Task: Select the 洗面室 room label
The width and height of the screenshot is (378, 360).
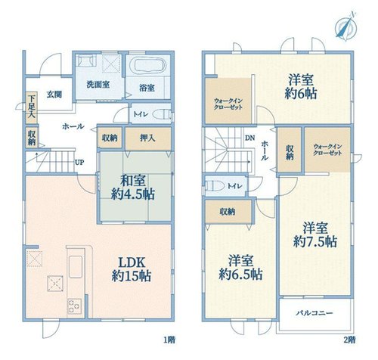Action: [x=98, y=85]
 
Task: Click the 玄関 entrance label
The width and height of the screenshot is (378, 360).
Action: [x=54, y=95]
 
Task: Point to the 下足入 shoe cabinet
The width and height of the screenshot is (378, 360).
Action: [x=32, y=107]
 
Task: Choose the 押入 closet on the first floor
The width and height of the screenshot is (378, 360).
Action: [x=148, y=138]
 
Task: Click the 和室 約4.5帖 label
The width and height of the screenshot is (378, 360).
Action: [x=133, y=188]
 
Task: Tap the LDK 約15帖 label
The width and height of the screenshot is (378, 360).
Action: [x=132, y=269]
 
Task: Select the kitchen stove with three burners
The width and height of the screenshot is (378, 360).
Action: [x=75, y=306]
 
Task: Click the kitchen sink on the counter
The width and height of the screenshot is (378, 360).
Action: [x=76, y=267]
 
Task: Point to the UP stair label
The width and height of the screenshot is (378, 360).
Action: [x=79, y=163]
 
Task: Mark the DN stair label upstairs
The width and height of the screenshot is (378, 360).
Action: [x=250, y=138]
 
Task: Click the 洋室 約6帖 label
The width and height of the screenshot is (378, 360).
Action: [x=301, y=87]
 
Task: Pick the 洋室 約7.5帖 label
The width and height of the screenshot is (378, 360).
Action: [x=315, y=234]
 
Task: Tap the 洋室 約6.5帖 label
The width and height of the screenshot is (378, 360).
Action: [x=240, y=268]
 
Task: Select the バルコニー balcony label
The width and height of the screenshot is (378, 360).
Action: [x=314, y=313]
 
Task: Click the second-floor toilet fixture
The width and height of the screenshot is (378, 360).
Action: [x=215, y=186]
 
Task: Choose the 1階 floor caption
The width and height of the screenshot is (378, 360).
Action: [x=169, y=340]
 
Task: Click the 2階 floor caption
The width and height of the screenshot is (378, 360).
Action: [x=349, y=340]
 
